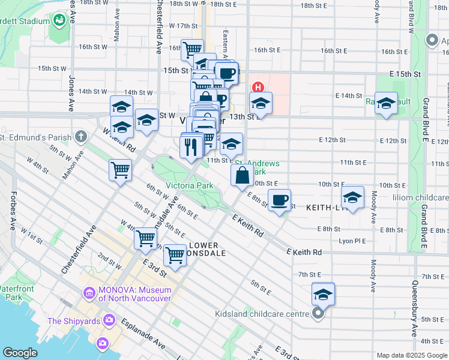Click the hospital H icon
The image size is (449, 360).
point(259,87)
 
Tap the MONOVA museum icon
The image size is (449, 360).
point(89,293)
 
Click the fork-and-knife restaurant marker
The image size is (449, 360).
point(191,146)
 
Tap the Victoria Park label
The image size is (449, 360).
point(190,186)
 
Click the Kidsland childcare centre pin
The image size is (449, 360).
point(319,313)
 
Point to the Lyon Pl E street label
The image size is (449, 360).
point(353,241)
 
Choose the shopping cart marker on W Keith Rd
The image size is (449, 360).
point(120,170)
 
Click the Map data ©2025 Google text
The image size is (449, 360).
point(412,355)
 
